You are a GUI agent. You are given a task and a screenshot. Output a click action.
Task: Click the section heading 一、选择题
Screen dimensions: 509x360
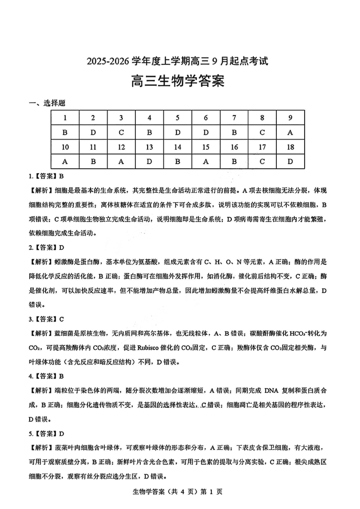(x=47, y=103)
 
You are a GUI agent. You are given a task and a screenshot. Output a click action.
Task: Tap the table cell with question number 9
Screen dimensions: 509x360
(x=290, y=118)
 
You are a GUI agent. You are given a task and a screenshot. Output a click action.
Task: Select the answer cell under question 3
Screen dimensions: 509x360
(x=121, y=132)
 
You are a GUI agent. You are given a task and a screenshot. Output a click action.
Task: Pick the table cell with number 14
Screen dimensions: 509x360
(x=177, y=147)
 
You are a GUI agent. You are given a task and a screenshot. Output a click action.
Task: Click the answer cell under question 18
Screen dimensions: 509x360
(x=290, y=161)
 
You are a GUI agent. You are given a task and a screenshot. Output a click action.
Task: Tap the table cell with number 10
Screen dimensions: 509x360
(x=65, y=147)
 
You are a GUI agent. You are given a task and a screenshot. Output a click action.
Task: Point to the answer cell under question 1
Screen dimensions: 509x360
(x=65, y=132)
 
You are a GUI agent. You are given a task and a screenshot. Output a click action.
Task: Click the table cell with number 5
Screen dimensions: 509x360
(x=177, y=118)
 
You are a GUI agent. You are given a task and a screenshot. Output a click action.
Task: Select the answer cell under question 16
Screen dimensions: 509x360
(x=234, y=161)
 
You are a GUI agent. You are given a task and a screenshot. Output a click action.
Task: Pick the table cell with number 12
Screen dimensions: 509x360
(x=121, y=147)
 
